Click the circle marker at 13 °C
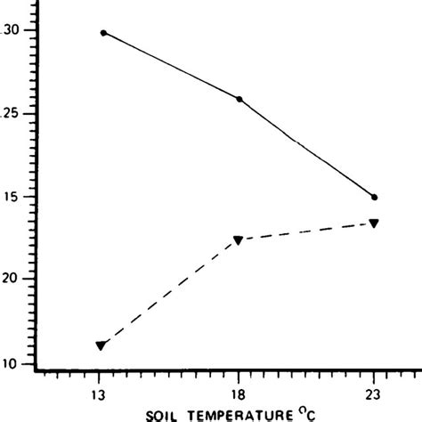(x=103, y=33)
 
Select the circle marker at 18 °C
(x=239, y=99)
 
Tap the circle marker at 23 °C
(x=374, y=197)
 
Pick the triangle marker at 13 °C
(x=101, y=345)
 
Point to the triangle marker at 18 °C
(x=238, y=240)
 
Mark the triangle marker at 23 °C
(x=374, y=223)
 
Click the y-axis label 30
(x=10, y=30)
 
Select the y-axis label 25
(x=10, y=114)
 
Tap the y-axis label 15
(x=10, y=197)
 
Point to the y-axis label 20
(x=10, y=280)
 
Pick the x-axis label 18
(x=239, y=393)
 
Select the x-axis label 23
(x=375, y=393)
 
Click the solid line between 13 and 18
(x=171, y=66)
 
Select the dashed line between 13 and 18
(x=169, y=293)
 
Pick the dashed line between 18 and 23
(x=305, y=231)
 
